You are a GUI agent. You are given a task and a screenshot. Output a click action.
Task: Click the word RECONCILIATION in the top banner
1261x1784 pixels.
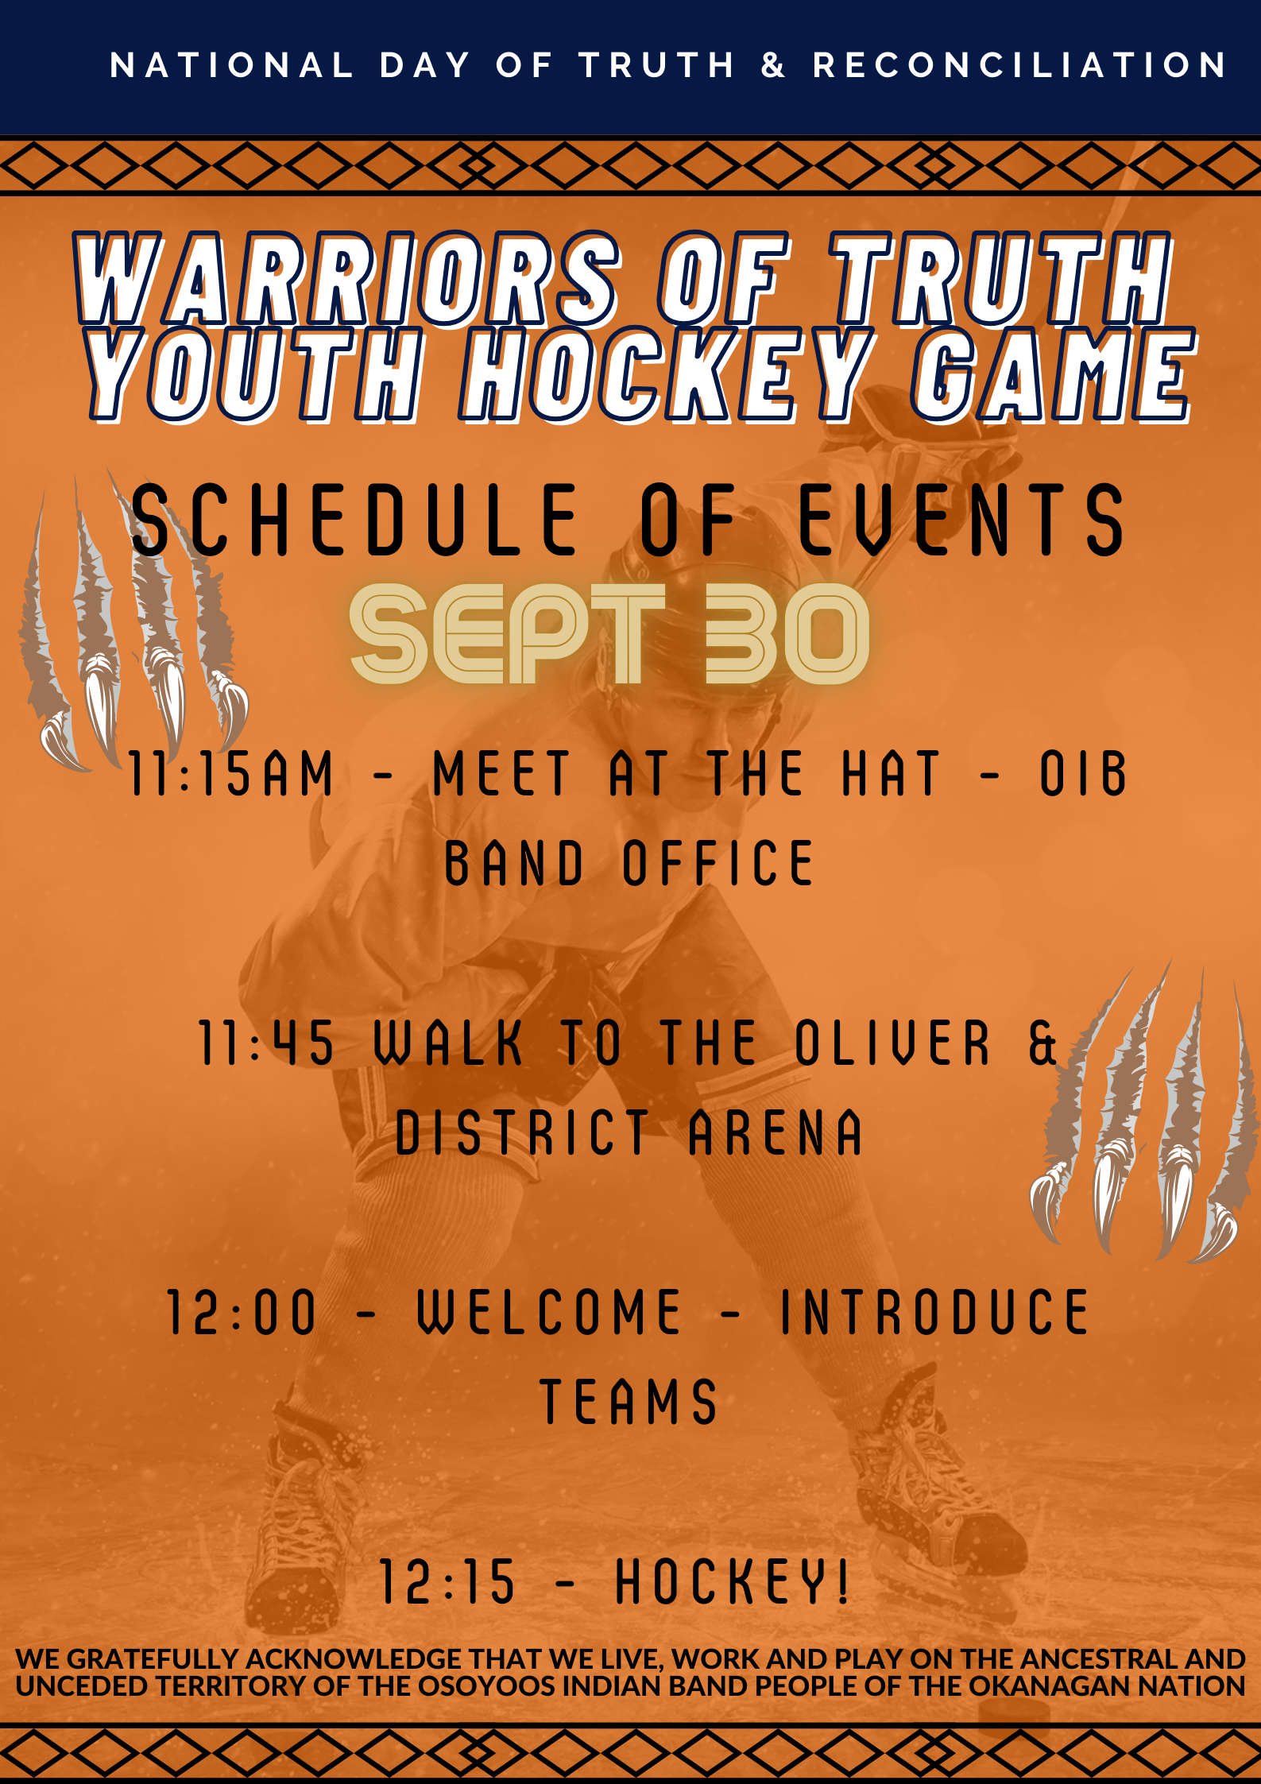pos(1019,65)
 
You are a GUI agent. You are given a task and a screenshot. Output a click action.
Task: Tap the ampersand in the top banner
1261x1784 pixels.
pos(772,65)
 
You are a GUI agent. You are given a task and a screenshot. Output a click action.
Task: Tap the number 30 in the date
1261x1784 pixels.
pos(787,633)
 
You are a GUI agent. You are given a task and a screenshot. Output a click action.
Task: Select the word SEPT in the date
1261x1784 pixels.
pos(507,633)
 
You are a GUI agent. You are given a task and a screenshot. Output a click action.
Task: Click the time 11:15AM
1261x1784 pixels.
pos(230,772)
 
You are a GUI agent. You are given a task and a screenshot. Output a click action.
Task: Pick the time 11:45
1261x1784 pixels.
pos(265,1043)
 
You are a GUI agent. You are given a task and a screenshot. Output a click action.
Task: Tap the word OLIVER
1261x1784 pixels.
pos(893,1043)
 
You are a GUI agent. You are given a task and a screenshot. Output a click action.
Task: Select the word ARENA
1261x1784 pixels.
pos(775,1132)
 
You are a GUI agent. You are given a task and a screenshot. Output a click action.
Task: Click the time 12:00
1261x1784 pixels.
pos(242,1313)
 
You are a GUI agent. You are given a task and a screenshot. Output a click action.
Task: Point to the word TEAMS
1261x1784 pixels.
pos(629,1402)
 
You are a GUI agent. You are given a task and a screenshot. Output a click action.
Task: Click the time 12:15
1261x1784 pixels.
pos(447,1581)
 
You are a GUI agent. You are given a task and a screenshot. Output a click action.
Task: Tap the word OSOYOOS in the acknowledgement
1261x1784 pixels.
pos(486,1685)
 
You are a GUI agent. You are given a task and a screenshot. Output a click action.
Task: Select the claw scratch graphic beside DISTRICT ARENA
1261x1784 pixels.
pos(1144,1113)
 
